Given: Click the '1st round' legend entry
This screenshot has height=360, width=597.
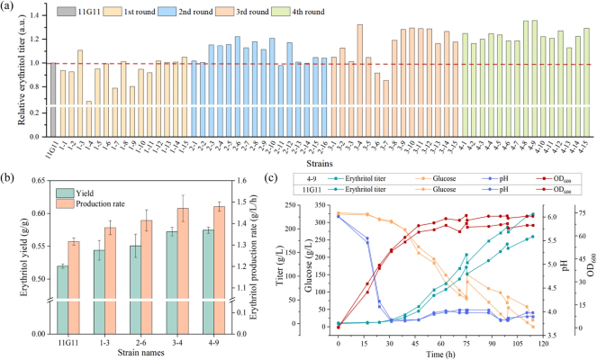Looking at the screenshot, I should pyautogui.click(x=113, y=12).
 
